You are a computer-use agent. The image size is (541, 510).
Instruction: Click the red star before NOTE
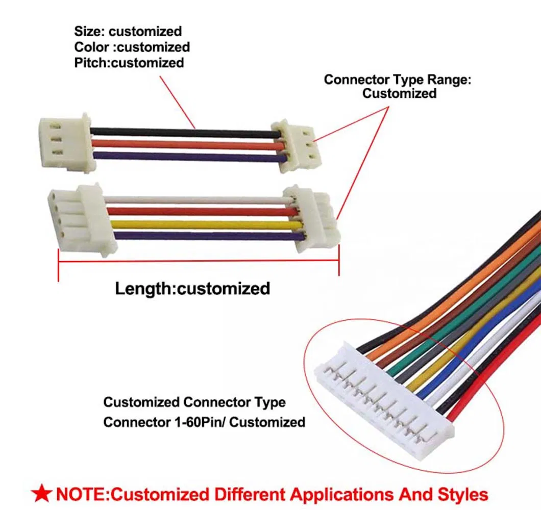(41, 494)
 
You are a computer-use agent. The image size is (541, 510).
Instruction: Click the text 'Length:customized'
(192, 289)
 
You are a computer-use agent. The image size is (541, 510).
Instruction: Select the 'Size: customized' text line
(128, 32)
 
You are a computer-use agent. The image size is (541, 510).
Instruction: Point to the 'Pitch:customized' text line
(129, 63)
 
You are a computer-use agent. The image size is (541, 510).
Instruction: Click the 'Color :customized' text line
(132, 47)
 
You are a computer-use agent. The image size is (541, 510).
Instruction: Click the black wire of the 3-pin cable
(184, 132)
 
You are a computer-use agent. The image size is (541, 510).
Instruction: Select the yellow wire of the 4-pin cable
(204, 224)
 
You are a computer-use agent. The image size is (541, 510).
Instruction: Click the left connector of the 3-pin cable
(66, 143)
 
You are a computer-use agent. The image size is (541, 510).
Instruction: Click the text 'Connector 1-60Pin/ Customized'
(204, 422)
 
